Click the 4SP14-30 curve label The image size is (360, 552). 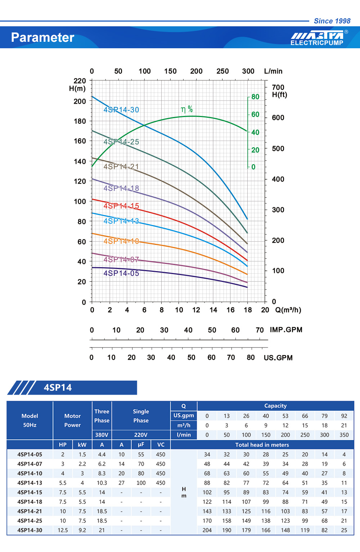121,110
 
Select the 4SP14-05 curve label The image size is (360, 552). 121,273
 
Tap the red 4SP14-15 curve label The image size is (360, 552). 121,206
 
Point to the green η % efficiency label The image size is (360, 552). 186,109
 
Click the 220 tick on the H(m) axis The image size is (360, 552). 80,81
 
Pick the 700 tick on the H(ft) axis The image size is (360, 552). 278,87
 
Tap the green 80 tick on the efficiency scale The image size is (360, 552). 255,97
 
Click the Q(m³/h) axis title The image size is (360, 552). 288,310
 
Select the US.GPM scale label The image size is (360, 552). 278,358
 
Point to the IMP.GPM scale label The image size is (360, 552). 286,330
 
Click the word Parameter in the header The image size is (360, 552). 42,37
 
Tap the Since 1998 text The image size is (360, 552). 332,21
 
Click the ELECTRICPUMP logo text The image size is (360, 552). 317,43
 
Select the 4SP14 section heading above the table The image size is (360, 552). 58,387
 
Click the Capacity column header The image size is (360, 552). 275,406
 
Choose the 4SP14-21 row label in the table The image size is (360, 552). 30,511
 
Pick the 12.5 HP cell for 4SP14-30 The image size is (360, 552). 63,530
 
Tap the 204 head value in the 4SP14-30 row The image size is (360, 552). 207,530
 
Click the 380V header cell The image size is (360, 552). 102,435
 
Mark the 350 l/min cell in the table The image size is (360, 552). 344,435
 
